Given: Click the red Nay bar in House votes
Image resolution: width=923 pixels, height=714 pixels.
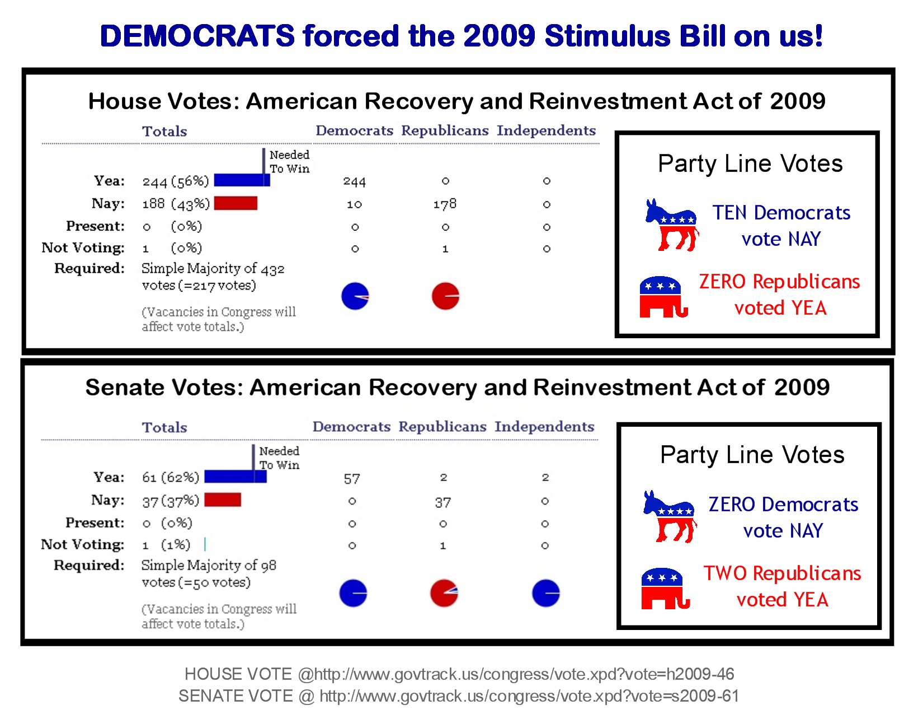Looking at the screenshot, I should [x=236, y=203].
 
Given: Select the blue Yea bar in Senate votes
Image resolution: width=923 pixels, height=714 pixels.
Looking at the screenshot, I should [x=235, y=477].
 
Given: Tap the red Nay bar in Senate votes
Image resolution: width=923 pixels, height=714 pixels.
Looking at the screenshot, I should [x=223, y=500].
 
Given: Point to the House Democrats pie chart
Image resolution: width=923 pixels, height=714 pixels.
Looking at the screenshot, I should [x=355, y=296].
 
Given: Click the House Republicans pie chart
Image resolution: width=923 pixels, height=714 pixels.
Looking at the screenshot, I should [x=445, y=296].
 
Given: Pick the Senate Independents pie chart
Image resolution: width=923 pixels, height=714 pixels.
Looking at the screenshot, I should [x=546, y=594].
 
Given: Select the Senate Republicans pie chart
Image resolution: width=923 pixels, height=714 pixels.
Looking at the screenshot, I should [x=444, y=594].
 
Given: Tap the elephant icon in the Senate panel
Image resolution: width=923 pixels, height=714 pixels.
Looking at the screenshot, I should [x=665, y=589].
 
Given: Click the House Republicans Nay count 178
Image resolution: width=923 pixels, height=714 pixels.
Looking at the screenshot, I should [x=445, y=204].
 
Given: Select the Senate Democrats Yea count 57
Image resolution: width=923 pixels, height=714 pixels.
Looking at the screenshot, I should [x=352, y=479].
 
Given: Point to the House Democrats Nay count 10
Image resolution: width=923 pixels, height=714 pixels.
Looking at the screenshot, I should [x=354, y=204].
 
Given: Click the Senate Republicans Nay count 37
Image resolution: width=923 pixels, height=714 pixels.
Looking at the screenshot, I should [x=442, y=502].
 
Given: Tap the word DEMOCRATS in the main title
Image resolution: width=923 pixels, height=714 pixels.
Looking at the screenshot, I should [x=197, y=36].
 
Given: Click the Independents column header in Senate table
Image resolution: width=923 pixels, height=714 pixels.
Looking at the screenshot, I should [x=544, y=427].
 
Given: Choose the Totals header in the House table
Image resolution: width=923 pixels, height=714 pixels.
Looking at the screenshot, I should [x=164, y=131].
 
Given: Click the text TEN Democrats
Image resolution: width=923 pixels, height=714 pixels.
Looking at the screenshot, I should [x=781, y=213].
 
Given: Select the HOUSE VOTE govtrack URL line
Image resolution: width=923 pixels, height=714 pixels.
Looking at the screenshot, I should [x=459, y=674].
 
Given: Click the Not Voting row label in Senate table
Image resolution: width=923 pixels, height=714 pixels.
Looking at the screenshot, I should [x=83, y=544].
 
